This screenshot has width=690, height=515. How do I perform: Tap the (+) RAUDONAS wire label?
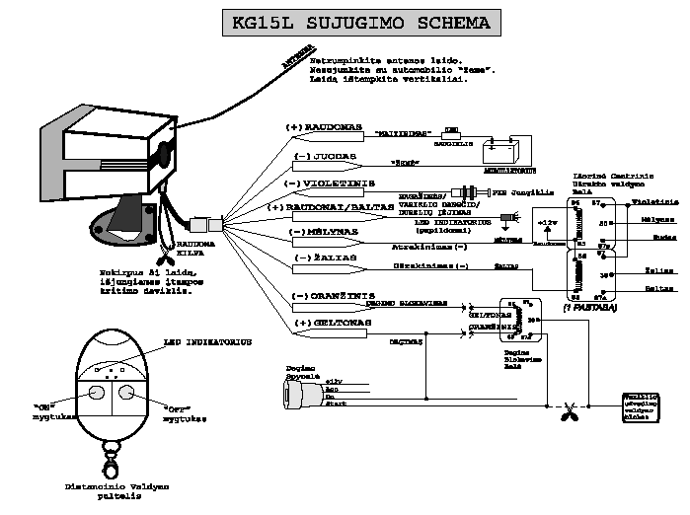tap(324, 128)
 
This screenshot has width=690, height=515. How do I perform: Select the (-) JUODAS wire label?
tap(319, 157)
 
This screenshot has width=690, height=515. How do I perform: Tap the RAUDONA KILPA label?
tap(193, 248)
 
